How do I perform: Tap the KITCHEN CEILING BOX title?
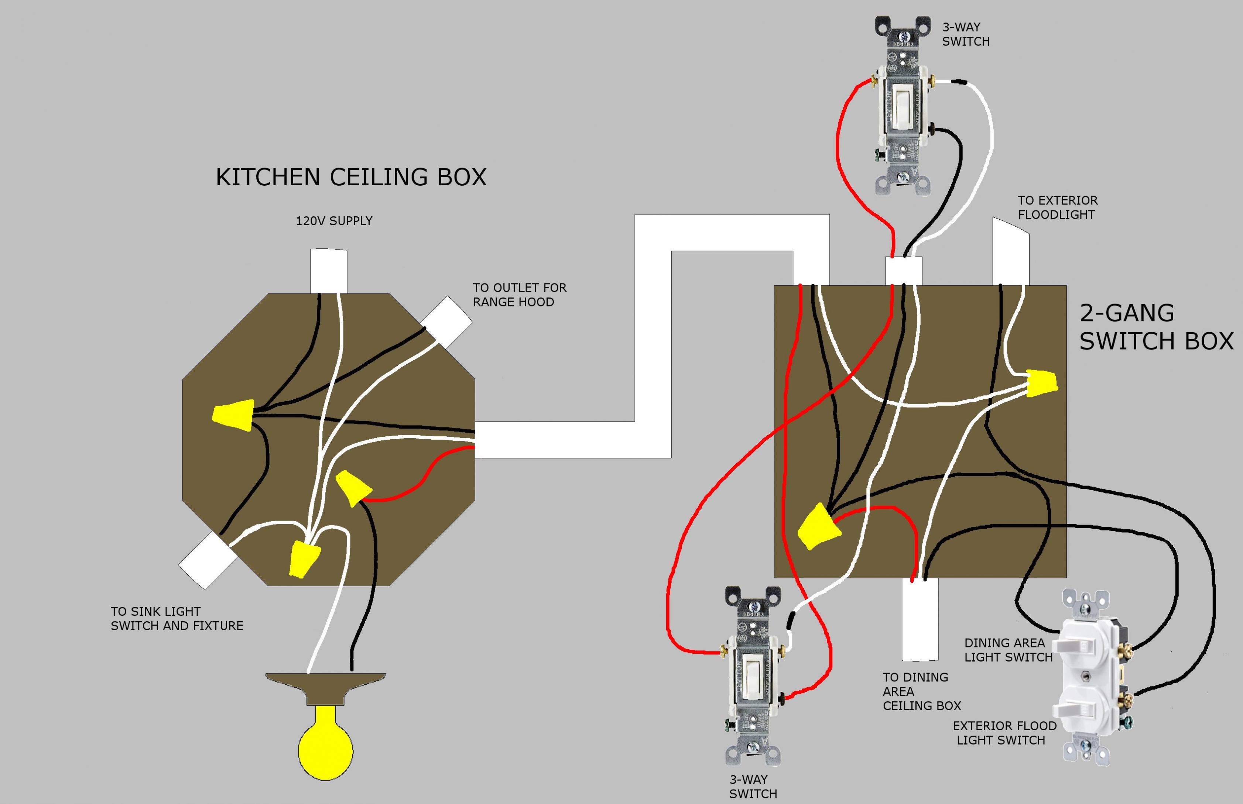(x=351, y=178)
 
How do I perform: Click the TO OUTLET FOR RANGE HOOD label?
(x=519, y=295)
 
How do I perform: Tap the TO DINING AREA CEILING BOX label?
(x=921, y=692)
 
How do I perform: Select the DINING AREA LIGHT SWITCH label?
(x=1008, y=650)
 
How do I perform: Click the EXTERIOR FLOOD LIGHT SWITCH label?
(x=1004, y=733)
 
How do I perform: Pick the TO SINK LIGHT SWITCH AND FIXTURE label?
(x=177, y=619)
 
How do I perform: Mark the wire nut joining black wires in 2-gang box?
(x=817, y=527)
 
